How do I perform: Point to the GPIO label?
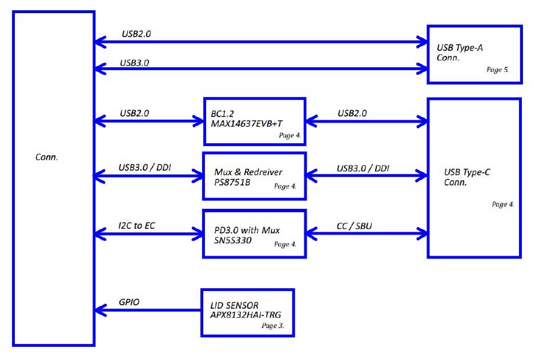coord(129,302)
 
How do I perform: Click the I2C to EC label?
coord(136,225)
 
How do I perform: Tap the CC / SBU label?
coord(354,226)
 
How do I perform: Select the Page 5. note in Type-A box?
coord(497,70)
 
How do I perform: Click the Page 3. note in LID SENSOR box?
coord(272,326)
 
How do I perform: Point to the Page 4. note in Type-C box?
coord(502,204)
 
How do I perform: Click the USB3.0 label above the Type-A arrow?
coord(134,63)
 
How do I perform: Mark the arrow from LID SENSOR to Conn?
coord(148,310)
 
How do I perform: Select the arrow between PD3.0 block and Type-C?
coord(367,234)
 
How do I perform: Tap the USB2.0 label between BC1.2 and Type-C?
coord(352,114)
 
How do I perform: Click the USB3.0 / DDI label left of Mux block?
coord(144,168)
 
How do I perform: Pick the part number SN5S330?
coord(233,240)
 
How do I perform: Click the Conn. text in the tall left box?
coord(46,157)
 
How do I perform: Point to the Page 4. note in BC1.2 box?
coord(290,135)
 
